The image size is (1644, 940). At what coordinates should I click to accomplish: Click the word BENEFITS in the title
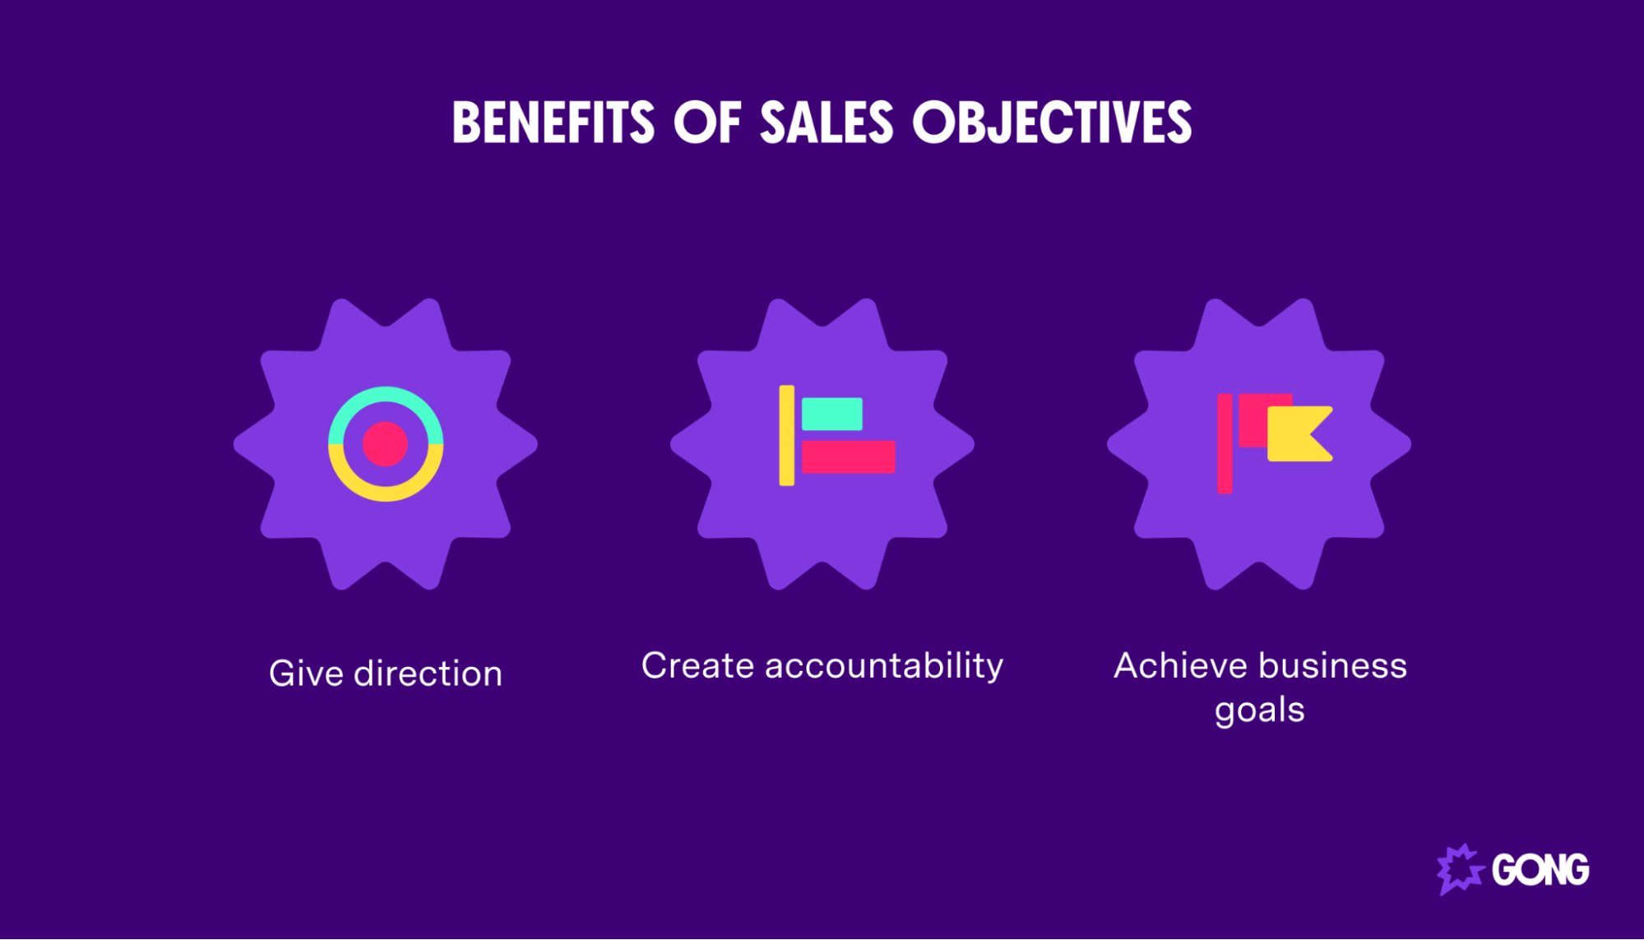553,123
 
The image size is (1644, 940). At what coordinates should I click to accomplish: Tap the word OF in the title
707,123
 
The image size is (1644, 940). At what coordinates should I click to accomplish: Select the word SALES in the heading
826,123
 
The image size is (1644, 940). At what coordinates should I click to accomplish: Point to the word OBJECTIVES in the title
1052,123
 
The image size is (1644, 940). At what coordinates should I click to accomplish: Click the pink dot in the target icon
385,444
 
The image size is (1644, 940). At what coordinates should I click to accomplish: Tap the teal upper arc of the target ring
385,395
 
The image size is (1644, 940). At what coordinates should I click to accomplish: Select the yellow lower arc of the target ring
385,493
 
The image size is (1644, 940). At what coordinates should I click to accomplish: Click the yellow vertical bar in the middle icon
786,435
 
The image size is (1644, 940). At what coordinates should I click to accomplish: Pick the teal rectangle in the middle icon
831,414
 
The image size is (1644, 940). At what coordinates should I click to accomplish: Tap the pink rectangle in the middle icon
848,456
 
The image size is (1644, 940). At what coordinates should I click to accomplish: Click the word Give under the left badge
306,674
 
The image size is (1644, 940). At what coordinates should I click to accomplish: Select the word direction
428,674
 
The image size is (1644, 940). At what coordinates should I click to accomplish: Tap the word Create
697,665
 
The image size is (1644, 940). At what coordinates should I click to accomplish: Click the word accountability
884,665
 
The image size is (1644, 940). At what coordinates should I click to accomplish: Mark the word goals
1259,710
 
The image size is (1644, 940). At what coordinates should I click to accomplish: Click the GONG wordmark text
1540,870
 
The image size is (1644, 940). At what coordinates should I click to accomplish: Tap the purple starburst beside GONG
1459,868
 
